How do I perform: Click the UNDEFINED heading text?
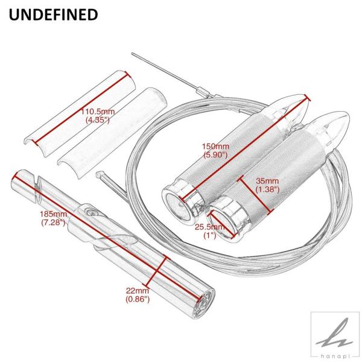pyautogui.click(x=53, y=14)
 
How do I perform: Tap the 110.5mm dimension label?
pyautogui.click(x=97, y=112)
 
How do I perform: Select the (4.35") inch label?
pyautogui.click(x=97, y=120)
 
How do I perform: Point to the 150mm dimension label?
pyautogui.click(x=215, y=147)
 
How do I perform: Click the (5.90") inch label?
pyautogui.click(x=215, y=154)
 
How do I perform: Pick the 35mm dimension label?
pyautogui.click(x=267, y=181)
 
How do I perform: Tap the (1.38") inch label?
pyautogui.click(x=268, y=189)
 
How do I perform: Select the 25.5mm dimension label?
pyautogui.click(x=209, y=227)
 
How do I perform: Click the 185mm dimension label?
pyautogui.click(x=54, y=214)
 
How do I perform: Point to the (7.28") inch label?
pyautogui.click(x=53, y=222)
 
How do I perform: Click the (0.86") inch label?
pyautogui.click(x=138, y=299)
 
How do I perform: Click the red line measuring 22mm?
pyautogui.click(x=156, y=270)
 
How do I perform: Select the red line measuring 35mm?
pyautogui.click(x=256, y=194)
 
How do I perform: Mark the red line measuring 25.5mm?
pyautogui.click(x=221, y=225)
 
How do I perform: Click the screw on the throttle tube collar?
pyautogui.click(x=92, y=212)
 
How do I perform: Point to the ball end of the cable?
pyautogui.click(x=99, y=174)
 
